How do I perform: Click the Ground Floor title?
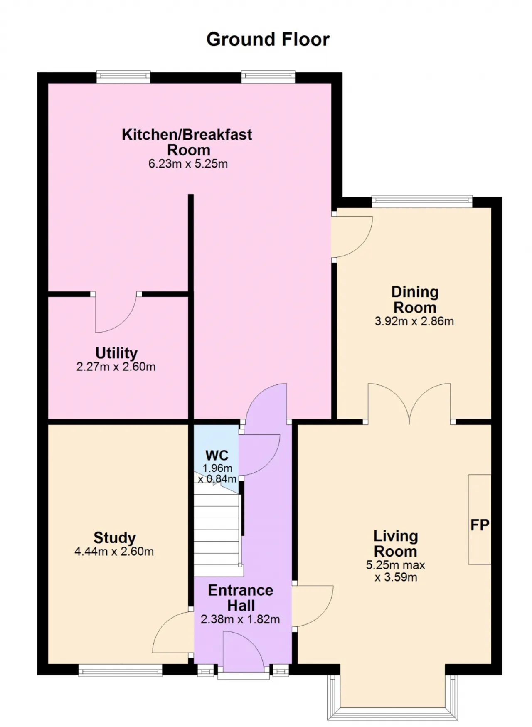click(268, 39)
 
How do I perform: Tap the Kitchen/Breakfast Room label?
click(187, 142)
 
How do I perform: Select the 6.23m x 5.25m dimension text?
click(188, 164)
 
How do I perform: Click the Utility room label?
click(116, 353)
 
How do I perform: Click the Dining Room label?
click(415, 300)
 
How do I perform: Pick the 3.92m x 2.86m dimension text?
click(414, 321)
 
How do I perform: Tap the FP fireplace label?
click(480, 525)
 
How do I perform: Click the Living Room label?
click(396, 544)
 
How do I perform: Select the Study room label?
click(115, 537)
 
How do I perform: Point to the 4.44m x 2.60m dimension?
click(114, 552)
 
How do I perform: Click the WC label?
click(217, 455)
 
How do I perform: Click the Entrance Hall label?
click(241, 598)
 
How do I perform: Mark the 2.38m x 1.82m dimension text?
click(240, 619)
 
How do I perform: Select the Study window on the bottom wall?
click(120, 670)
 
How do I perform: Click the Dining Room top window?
click(422, 202)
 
